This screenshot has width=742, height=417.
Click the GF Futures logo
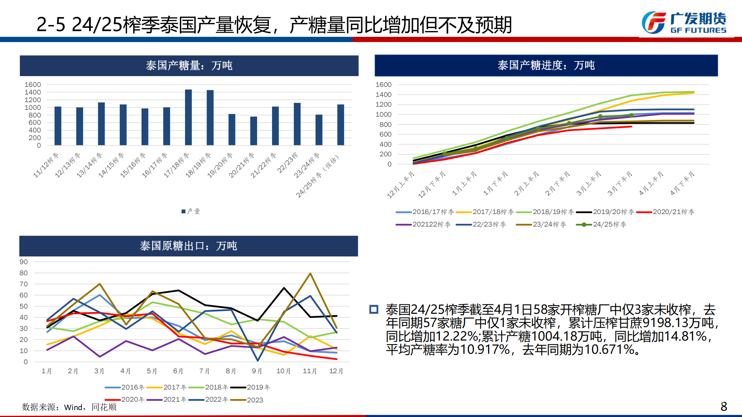(x=684, y=23)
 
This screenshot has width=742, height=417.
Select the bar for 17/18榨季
(x=188, y=117)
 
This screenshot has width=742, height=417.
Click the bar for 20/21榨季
(x=254, y=131)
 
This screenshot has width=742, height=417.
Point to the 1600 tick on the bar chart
(x=33, y=84)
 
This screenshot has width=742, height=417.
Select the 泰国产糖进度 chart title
(x=546, y=65)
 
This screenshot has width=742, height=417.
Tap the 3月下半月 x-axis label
(x=620, y=184)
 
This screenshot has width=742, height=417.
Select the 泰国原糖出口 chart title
(x=188, y=246)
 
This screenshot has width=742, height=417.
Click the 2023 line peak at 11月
(x=310, y=273)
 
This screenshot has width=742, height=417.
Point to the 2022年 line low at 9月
(x=257, y=360)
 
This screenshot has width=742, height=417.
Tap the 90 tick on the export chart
(x=24, y=262)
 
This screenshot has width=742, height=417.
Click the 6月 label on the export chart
(x=178, y=371)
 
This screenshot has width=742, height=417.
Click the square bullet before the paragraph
(x=374, y=309)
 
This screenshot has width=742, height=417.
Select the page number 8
(x=724, y=406)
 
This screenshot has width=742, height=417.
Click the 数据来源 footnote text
(x=69, y=407)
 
